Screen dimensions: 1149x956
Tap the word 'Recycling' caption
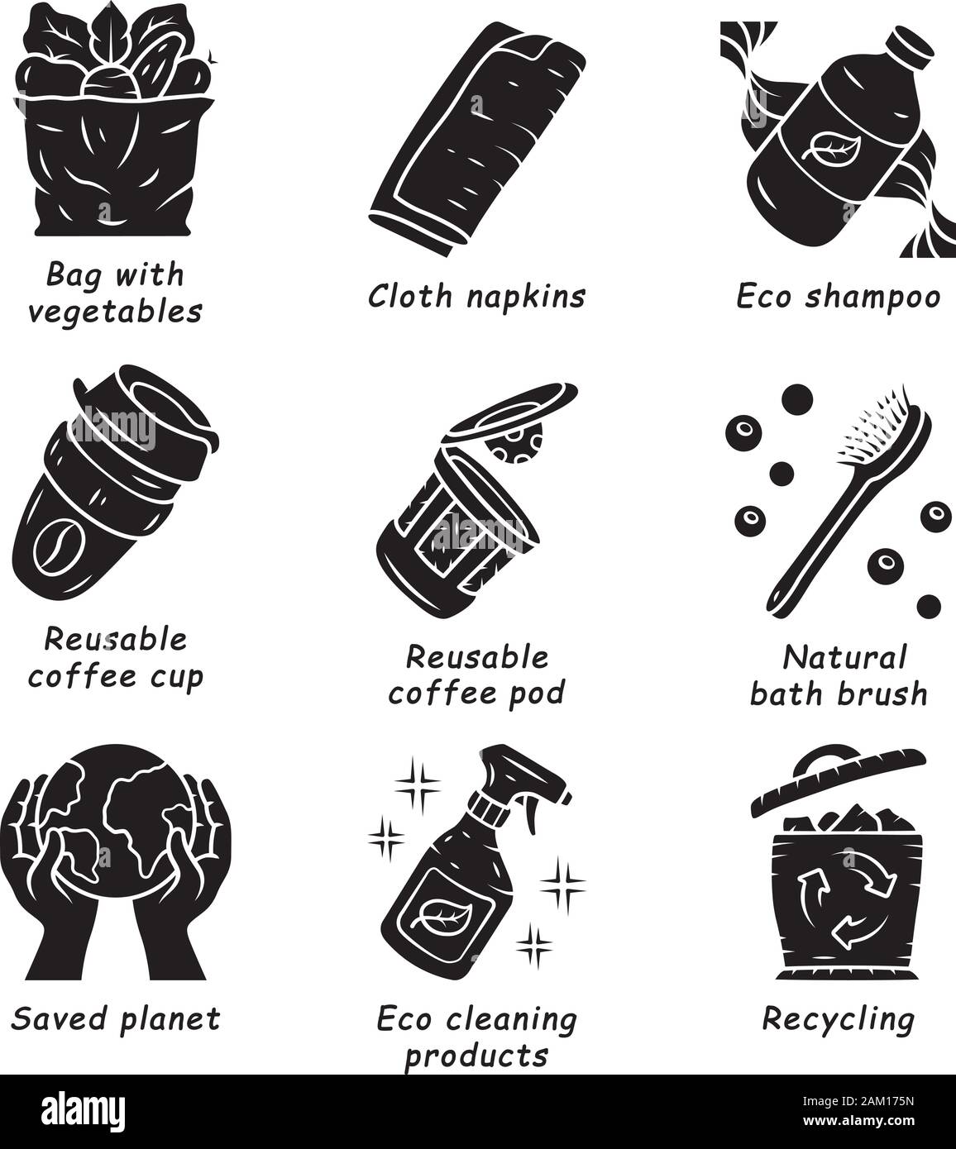point(838,1020)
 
